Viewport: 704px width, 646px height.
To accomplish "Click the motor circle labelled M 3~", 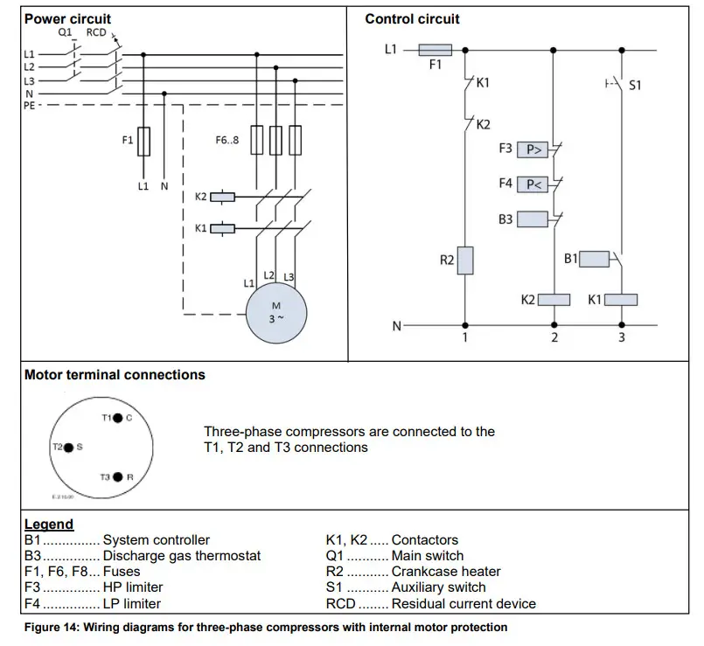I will tap(276, 314).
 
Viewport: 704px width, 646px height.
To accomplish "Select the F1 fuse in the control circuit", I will tap(436, 50).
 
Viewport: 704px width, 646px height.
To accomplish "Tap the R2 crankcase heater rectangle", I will tap(465, 260).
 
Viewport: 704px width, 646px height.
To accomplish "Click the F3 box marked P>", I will tap(533, 149).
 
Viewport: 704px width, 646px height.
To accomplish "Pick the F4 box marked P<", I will tap(533, 184).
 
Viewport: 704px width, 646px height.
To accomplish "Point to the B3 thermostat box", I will tap(533, 219).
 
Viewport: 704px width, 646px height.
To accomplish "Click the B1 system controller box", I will tap(595, 259).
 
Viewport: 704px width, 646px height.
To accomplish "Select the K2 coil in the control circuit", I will tap(554, 300).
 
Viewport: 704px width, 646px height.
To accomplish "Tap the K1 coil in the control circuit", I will tap(621, 300).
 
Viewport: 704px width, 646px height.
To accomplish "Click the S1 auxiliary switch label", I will tap(636, 86).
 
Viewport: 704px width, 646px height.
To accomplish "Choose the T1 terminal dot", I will tap(116, 418).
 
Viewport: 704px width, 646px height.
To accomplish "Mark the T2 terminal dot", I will tap(69, 447).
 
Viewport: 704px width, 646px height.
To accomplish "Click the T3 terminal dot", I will tap(116, 476).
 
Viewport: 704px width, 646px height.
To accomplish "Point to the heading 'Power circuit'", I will tap(68, 18).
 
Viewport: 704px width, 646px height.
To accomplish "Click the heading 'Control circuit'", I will tap(412, 18).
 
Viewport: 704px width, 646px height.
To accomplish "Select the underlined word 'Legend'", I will tap(49, 524).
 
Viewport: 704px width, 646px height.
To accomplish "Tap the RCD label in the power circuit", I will tap(96, 32).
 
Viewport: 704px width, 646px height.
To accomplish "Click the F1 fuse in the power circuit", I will tap(144, 140).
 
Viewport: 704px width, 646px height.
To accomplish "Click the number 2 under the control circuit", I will tap(554, 337).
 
